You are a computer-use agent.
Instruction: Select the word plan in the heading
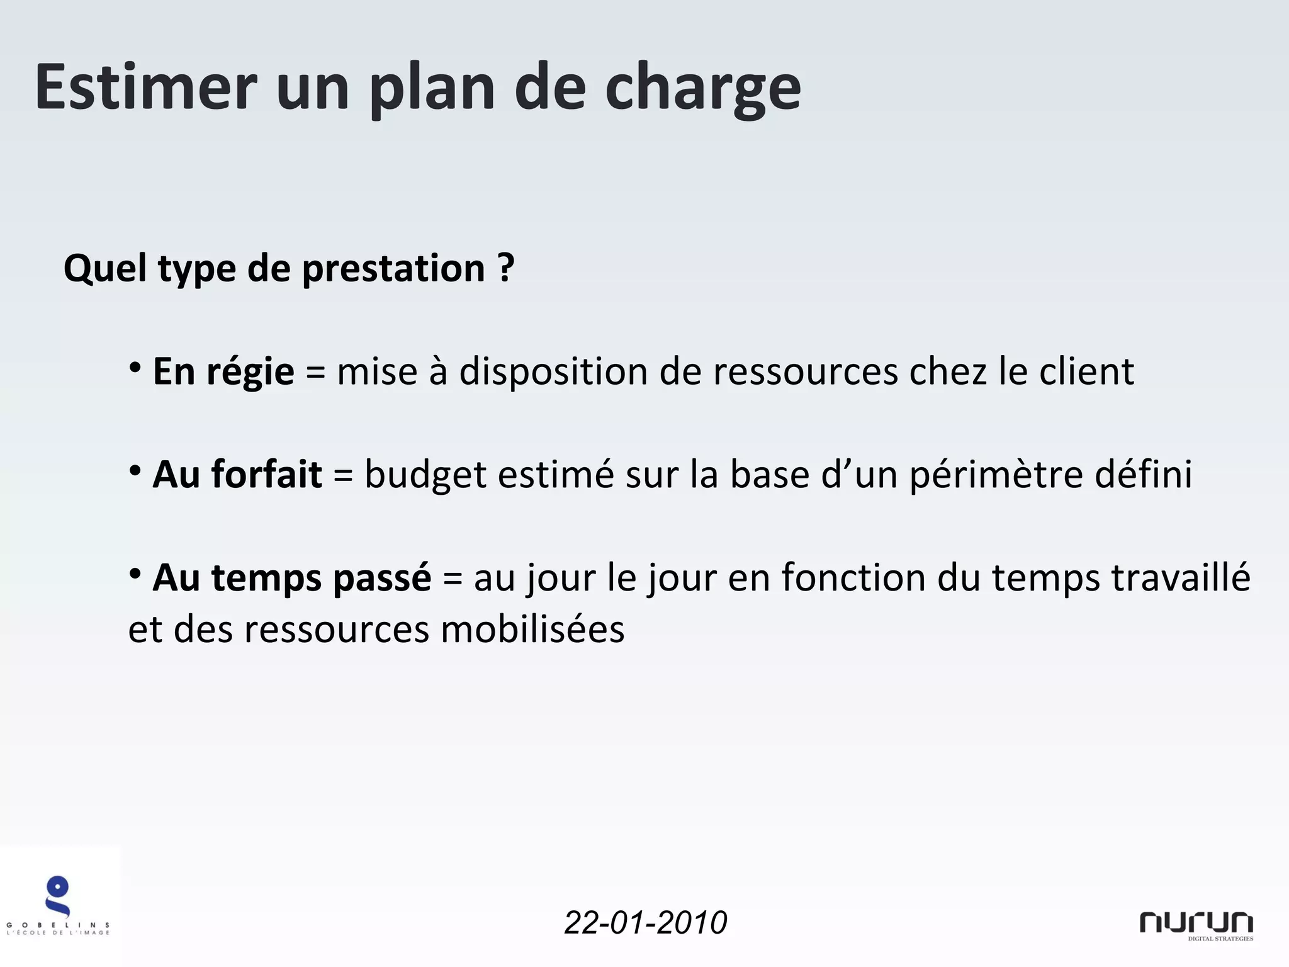point(432,88)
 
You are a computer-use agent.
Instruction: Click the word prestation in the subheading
point(393,268)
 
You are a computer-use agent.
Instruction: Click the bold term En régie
point(223,371)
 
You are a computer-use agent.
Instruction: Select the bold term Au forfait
point(237,474)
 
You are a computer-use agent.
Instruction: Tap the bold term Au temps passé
point(292,577)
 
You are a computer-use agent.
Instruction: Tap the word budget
point(425,475)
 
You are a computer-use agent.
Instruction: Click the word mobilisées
point(532,629)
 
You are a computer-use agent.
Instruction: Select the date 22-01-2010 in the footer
point(645,923)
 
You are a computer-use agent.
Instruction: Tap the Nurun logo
point(1196,924)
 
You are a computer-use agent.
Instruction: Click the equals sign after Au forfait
point(343,475)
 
